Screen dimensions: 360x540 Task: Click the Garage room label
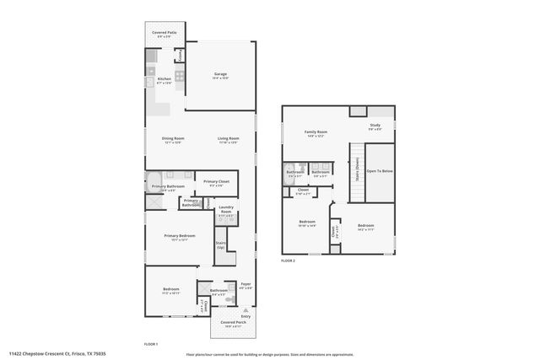click(x=220, y=75)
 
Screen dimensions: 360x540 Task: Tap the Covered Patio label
click(x=163, y=34)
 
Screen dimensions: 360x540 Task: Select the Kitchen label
click(x=164, y=80)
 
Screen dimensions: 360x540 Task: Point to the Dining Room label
click(x=174, y=139)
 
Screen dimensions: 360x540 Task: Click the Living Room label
click(x=227, y=139)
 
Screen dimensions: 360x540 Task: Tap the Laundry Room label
click(x=226, y=211)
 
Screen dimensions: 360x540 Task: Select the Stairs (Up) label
click(x=221, y=245)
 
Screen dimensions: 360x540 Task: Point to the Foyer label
click(x=246, y=285)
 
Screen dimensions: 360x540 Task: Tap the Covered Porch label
click(x=234, y=323)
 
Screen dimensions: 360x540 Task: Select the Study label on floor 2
click(x=375, y=126)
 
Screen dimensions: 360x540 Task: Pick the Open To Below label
click(x=380, y=171)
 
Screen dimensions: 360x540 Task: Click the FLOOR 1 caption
click(x=151, y=344)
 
